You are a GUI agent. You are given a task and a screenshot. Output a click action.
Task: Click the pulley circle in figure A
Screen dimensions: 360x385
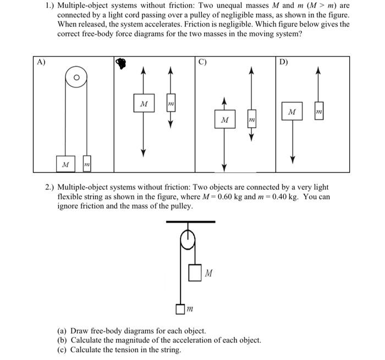(76, 78)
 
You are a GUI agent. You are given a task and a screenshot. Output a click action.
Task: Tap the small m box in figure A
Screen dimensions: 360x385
(86, 164)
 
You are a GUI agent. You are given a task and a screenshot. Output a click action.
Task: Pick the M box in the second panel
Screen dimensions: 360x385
(144, 104)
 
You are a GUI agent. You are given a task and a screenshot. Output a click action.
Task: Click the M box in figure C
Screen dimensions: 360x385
(224, 119)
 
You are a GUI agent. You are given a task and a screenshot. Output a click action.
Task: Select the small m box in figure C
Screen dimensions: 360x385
(251, 119)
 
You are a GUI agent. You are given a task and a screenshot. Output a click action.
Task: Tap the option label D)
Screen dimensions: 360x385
(283, 62)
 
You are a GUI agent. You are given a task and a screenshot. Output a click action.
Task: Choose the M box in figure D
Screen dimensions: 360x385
(292, 112)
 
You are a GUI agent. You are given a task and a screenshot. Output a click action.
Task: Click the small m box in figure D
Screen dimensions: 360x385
(318, 112)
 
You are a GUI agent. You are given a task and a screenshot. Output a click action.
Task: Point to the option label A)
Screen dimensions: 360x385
(41, 62)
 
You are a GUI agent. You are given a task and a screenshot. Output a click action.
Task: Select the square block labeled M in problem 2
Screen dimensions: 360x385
(195, 272)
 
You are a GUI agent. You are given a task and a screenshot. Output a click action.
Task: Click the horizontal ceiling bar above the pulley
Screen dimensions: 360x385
(190, 221)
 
